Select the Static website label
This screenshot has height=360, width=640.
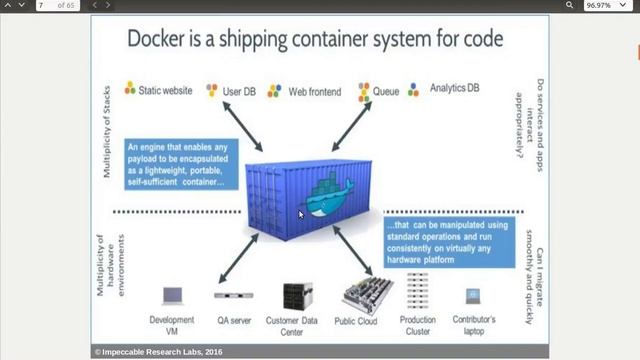point(164,90)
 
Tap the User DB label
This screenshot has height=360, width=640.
point(239,91)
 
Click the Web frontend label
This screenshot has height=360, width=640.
point(315,91)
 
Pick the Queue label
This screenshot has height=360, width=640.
point(386,91)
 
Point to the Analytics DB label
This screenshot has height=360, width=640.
point(455,88)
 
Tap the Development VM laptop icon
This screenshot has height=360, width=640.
point(172,297)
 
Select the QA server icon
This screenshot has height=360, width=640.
point(233,296)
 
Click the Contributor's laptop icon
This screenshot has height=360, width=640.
point(473,297)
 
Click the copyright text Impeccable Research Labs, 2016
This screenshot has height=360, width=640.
point(158,352)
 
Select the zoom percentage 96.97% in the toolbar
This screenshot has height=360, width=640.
point(598,5)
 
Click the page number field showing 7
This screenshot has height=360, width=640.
point(46,5)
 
